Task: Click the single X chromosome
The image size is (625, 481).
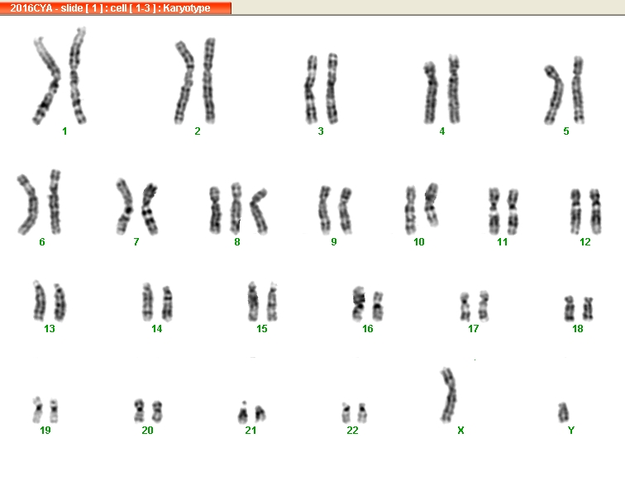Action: pyautogui.click(x=449, y=394)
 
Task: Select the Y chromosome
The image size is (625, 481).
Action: pyautogui.click(x=563, y=412)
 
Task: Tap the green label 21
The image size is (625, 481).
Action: pyautogui.click(x=250, y=431)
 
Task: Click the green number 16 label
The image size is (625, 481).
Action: pyautogui.click(x=368, y=329)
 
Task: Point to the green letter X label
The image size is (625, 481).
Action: pyautogui.click(x=460, y=431)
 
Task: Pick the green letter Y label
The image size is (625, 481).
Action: pyautogui.click(x=571, y=431)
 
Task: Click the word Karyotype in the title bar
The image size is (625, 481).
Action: pyautogui.click(x=187, y=8)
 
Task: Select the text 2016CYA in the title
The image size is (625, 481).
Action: pyautogui.click(x=31, y=8)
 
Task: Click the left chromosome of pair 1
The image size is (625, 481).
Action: pyautogui.click(x=46, y=82)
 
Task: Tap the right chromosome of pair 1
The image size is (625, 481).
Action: pyautogui.click(x=76, y=76)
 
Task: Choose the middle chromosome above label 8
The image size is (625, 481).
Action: pyautogui.click(x=236, y=208)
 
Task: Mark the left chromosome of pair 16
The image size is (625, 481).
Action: pyautogui.click(x=358, y=303)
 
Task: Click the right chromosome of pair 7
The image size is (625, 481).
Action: pyautogui.click(x=150, y=208)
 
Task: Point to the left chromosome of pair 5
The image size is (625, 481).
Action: pyautogui.click(x=555, y=96)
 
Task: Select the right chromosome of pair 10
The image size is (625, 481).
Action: pyautogui.click(x=432, y=204)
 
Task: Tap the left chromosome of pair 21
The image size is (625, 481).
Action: pyautogui.click(x=243, y=413)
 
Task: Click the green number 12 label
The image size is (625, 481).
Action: pyautogui.click(x=585, y=242)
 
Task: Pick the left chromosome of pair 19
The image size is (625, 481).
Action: pyautogui.click(x=38, y=410)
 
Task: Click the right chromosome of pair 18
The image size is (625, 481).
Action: pyautogui.click(x=588, y=308)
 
